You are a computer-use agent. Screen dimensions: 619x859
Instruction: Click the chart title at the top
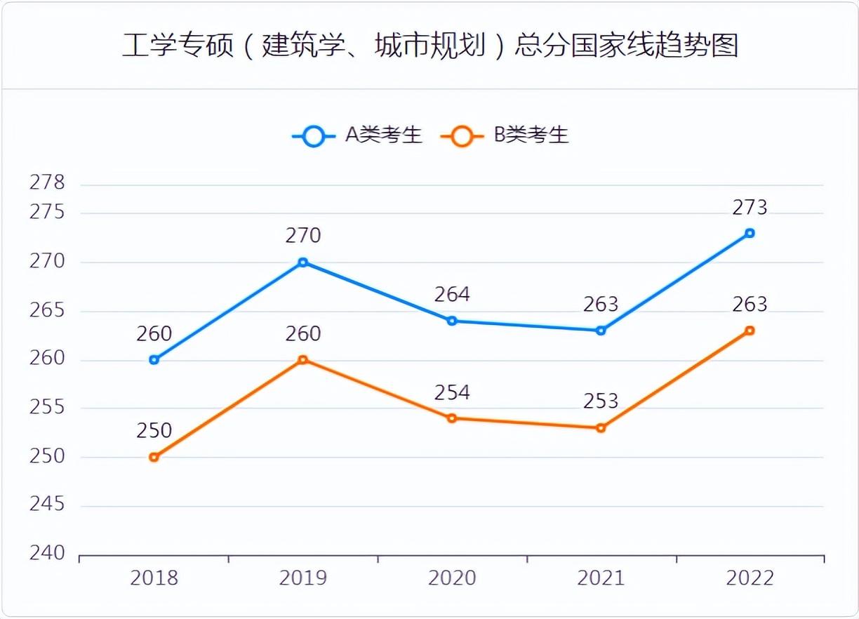[429, 46]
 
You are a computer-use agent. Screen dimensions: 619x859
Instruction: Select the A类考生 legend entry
[358, 135]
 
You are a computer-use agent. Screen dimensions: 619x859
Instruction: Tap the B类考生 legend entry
[505, 135]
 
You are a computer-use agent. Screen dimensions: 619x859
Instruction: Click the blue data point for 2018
[154, 360]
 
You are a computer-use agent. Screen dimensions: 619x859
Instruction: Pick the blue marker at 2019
[303, 262]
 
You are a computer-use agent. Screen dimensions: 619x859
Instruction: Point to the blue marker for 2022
[750, 233]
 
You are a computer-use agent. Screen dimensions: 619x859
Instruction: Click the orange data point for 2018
[154, 457]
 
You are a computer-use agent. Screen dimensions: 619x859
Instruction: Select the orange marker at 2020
[452, 418]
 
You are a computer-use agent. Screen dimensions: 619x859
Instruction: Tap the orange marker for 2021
[601, 427]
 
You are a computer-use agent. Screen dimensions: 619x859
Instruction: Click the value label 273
[750, 208]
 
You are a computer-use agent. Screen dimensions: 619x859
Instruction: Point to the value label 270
[303, 236]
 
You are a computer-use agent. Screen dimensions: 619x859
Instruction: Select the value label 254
[452, 392]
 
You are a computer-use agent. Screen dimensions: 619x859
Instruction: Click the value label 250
[154, 431]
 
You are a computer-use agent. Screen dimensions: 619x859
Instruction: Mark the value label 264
[452, 294]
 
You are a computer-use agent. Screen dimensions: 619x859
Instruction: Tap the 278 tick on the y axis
[47, 183]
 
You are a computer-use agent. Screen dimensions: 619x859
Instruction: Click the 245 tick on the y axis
[47, 505]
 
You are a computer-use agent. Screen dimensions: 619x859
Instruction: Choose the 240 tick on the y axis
[47, 554]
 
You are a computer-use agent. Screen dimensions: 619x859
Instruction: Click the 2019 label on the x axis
[303, 578]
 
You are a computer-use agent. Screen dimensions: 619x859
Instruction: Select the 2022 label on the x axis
[750, 578]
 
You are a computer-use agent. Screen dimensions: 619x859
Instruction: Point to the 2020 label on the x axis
[452, 578]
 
